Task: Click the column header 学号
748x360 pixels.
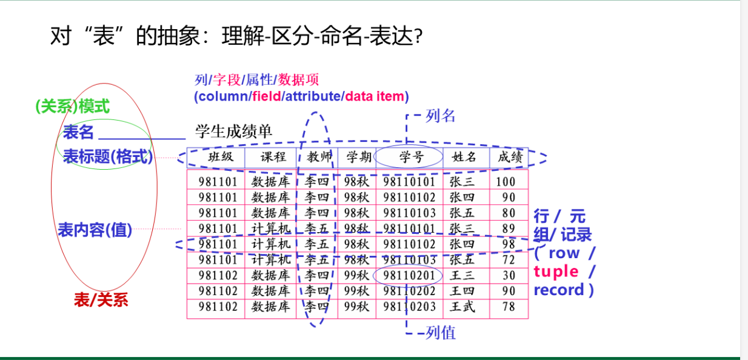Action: tap(412, 157)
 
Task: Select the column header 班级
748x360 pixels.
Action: tap(221, 156)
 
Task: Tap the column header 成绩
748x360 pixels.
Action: tap(510, 157)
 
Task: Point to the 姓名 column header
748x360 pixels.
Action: tap(464, 157)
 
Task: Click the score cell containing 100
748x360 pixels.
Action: tap(506, 182)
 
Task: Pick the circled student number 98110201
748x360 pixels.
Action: tap(409, 276)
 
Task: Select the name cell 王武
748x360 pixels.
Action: tap(462, 307)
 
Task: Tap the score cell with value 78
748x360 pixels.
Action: tap(509, 307)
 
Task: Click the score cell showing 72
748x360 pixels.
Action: tap(509, 260)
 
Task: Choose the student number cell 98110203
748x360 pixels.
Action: tap(409, 307)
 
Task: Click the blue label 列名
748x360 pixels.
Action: tap(441, 116)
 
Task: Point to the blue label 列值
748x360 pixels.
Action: tap(441, 333)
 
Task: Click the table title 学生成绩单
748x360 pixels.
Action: tap(234, 132)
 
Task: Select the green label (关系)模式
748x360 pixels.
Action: tap(73, 107)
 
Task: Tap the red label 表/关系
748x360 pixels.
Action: tap(101, 299)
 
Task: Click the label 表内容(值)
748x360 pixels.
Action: tap(95, 230)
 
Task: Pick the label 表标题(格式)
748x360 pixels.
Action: tap(108, 156)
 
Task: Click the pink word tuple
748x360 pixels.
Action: tap(556, 272)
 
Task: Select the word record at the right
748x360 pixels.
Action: tap(559, 290)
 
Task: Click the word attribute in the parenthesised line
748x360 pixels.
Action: tap(313, 96)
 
